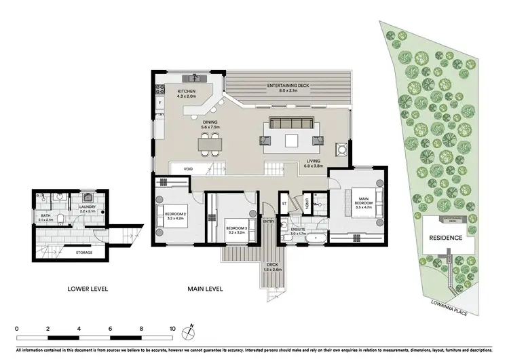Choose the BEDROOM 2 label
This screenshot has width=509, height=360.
pos(175,217)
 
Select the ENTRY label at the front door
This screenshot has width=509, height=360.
pos(269,221)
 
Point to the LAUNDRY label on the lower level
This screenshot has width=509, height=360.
pos(89,209)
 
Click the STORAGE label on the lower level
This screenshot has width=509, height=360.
pos(84,253)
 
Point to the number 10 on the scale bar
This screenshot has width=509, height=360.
pos(172,328)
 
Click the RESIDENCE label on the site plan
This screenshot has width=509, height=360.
pos(445,238)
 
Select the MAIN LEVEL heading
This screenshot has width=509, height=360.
pos(204,289)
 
